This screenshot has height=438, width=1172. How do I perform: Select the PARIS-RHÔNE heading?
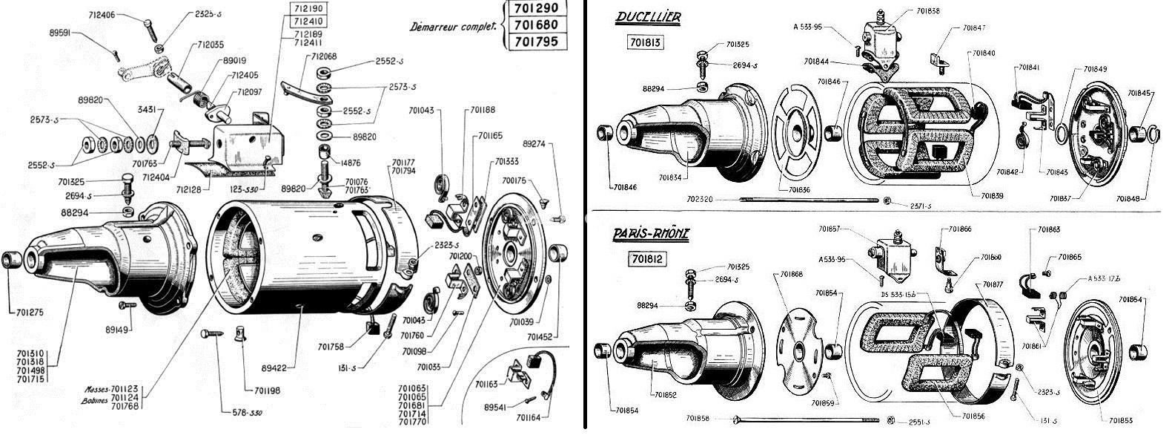652,233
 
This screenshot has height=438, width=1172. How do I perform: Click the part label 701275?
27,312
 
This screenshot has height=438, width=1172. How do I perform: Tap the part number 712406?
101,14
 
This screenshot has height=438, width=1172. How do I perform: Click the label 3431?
147,109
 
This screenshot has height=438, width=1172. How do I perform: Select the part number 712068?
325,56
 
